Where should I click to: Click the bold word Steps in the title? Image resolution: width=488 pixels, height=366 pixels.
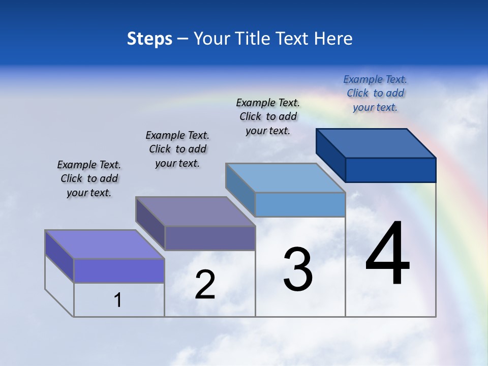click(149, 39)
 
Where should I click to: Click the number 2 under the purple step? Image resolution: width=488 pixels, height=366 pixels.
click(205, 285)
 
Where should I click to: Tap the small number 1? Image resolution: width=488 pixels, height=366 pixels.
click(118, 300)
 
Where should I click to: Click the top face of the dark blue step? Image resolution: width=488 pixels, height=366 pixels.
click(376, 143)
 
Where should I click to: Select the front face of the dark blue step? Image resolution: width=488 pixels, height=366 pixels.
click(390, 170)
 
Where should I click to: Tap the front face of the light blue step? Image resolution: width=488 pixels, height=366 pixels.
click(300, 205)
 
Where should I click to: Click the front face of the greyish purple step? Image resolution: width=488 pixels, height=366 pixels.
click(210, 238)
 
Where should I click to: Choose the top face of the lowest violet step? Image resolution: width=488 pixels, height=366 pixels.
click(105, 245)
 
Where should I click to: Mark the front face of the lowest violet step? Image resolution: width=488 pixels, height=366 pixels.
click(119, 270)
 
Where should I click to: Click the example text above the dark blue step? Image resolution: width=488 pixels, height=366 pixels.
click(375, 93)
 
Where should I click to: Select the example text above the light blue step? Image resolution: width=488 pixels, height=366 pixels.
click(268, 116)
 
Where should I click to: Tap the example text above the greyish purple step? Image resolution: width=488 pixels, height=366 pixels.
click(177, 149)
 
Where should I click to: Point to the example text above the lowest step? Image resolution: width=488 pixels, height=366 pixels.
click(89, 178)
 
